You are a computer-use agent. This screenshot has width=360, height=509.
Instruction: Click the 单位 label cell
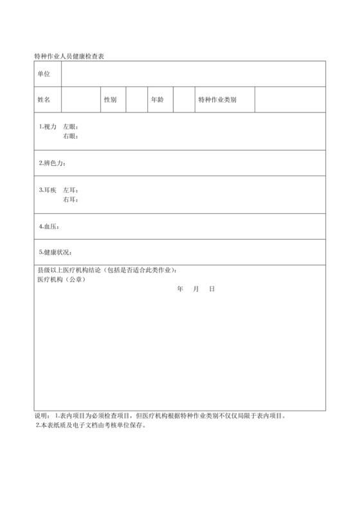click(x=44, y=74)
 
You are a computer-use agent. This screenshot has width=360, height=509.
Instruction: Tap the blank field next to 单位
click(x=193, y=74)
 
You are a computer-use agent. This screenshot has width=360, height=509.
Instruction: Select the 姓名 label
click(x=44, y=100)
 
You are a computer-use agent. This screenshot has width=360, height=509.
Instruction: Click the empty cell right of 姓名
click(x=80, y=100)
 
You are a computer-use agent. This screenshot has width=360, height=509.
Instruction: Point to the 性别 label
click(x=110, y=100)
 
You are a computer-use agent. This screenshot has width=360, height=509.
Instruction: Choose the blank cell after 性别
click(x=136, y=100)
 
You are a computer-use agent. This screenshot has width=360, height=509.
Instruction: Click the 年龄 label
click(x=157, y=100)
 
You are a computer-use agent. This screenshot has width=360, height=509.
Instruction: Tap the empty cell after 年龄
click(x=183, y=100)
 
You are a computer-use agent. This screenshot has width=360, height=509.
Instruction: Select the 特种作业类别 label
click(x=217, y=100)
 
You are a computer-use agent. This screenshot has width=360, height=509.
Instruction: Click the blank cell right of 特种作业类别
click(x=290, y=100)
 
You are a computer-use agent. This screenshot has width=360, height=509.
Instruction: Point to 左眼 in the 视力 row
click(x=70, y=127)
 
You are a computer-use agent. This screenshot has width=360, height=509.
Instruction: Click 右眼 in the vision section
click(x=70, y=136)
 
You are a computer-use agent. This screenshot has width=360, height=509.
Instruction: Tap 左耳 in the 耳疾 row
click(x=70, y=190)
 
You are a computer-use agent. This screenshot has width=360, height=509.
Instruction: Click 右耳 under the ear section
click(x=70, y=199)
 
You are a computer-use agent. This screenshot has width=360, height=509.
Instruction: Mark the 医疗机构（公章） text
click(x=62, y=280)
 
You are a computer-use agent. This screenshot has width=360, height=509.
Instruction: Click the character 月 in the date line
click(x=195, y=290)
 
